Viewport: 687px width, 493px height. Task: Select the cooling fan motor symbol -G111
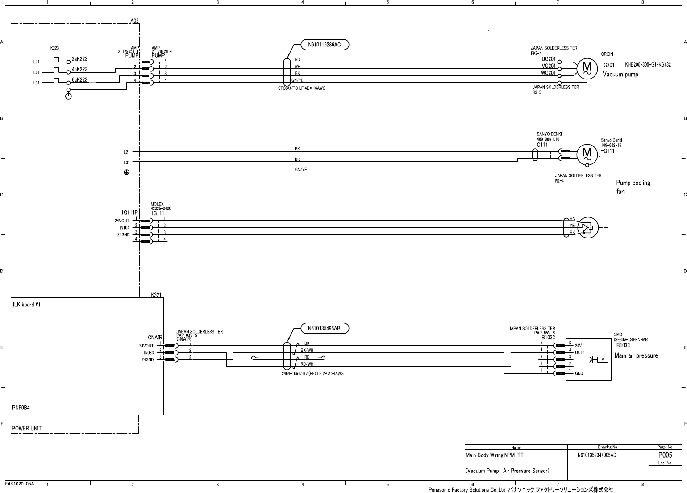point(587,155)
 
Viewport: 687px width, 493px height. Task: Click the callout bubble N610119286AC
point(325,45)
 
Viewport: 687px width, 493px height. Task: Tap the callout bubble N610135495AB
point(324,329)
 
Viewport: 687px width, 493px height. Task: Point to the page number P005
point(665,455)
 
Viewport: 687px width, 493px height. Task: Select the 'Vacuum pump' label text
point(620,75)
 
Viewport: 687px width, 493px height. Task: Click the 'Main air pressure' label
point(636,356)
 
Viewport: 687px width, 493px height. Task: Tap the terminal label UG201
point(549,59)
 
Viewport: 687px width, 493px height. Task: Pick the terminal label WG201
point(549,73)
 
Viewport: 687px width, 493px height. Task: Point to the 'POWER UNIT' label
point(27,429)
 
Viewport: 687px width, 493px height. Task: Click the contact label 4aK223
point(79,70)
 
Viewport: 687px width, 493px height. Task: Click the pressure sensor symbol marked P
point(603,359)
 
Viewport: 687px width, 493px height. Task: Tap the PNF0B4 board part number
point(21,408)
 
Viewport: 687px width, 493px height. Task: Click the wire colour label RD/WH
point(307,364)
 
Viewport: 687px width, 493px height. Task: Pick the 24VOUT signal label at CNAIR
point(146,346)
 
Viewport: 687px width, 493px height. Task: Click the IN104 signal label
point(124,228)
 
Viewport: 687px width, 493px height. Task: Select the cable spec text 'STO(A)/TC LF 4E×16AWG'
point(302,88)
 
